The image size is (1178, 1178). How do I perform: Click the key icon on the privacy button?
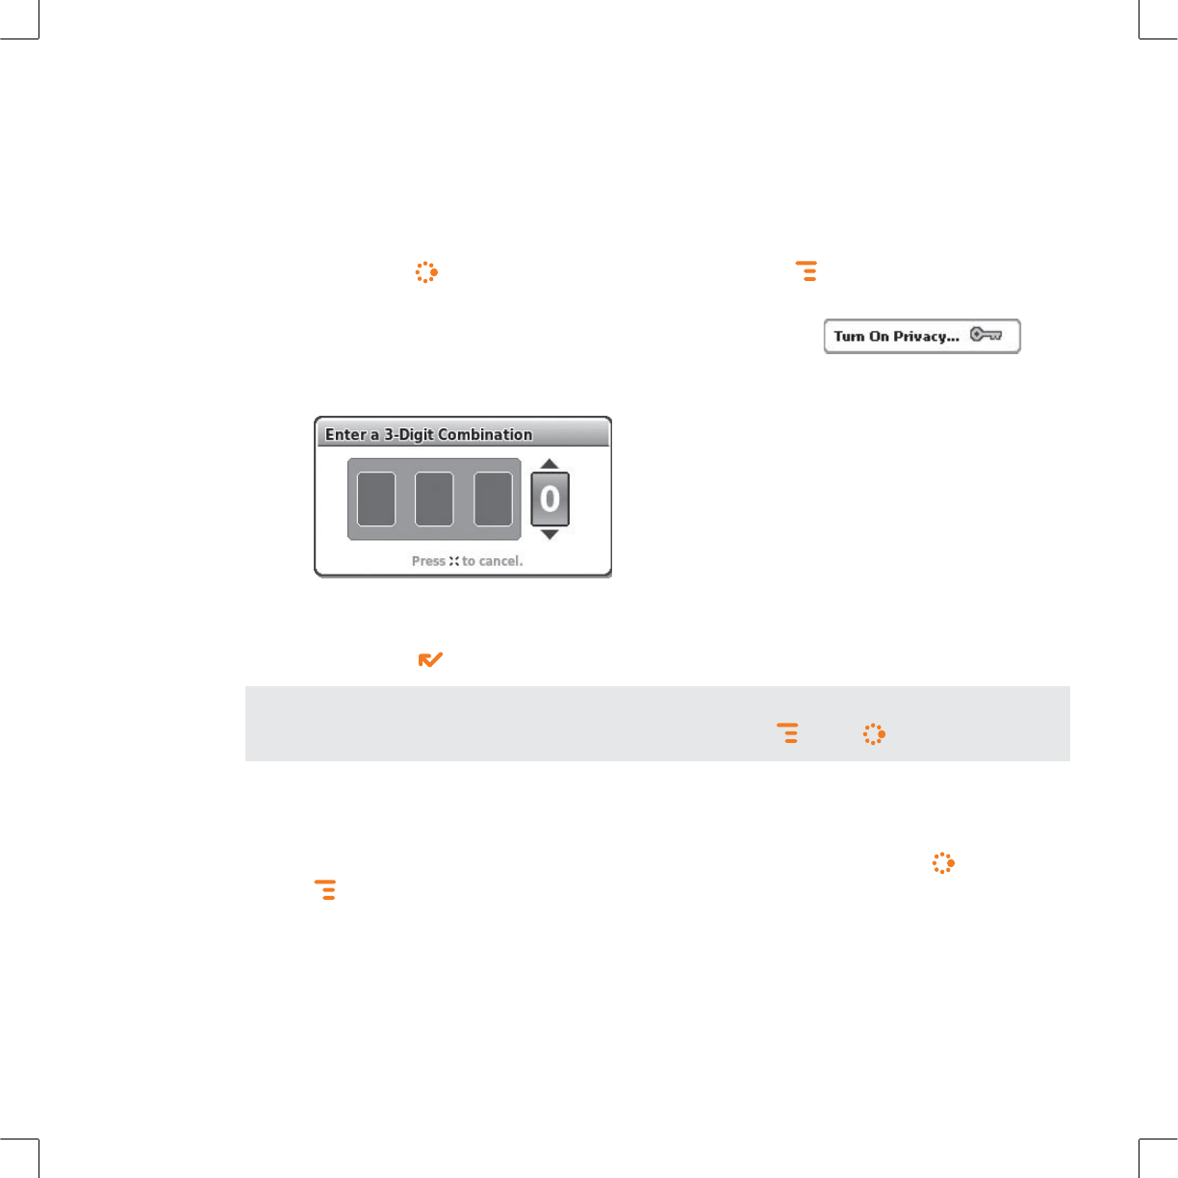tap(986, 334)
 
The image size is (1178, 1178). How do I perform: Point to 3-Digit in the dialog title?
tap(409, 435)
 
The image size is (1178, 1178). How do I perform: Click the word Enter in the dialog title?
tap(346, 434)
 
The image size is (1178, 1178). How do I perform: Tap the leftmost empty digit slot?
tap(376, 499)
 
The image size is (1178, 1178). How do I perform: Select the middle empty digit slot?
tap(434, 499)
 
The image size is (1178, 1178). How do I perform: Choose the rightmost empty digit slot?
tap(493, 499)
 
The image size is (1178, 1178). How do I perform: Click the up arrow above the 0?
tap(550, 463)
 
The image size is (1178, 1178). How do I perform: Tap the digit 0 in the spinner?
tap(550, 499)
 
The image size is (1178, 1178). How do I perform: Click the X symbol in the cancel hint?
tap(453, 561)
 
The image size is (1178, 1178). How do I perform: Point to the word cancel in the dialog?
tap(500, 561)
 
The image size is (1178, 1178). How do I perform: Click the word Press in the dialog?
tap(428, 561)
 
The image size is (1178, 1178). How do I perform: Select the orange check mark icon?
tap(430, 659)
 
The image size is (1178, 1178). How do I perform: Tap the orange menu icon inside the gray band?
tap(787, 733)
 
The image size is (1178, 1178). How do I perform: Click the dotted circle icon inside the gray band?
tap(874, 733)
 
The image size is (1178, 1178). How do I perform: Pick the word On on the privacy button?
tap(879, 336)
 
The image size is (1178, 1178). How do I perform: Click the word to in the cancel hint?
tap(469, 561)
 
